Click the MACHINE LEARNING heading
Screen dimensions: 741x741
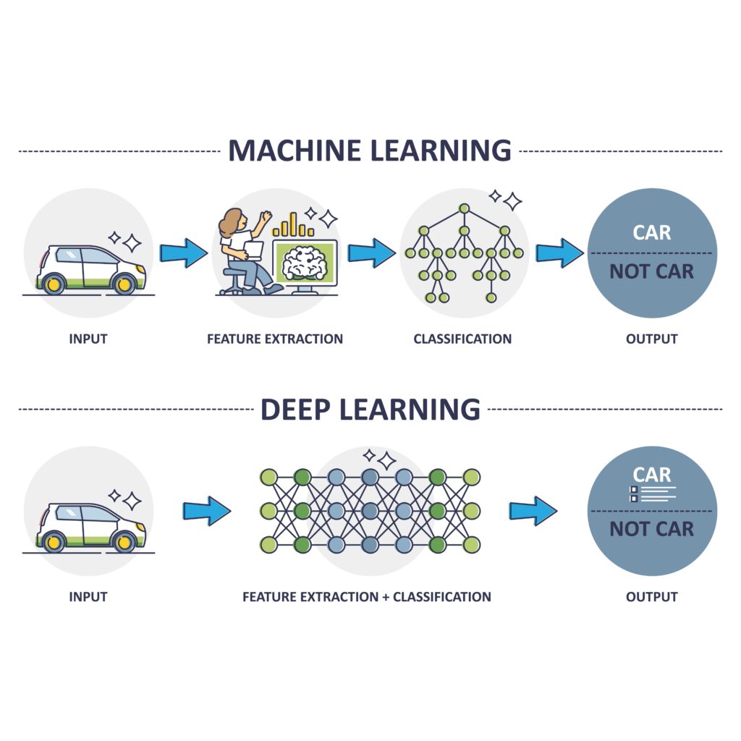tap(370, 151)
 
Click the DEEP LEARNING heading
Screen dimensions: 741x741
tap(370, 409)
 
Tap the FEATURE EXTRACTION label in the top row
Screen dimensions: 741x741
tap(275, 339)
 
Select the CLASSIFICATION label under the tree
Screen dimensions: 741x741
tap(462, 339)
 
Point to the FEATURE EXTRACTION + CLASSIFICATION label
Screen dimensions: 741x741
tap(367, 597)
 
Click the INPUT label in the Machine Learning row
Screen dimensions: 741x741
tap(88, 339)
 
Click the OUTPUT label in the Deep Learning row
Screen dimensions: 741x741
tap(651, 597)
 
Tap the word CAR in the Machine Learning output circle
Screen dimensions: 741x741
tap(651, 233)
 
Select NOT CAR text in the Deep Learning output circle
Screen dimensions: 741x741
tap(651, 529)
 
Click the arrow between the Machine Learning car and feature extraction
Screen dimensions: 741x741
tap(183, 253)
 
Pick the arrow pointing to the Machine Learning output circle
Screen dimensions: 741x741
tap(559, 253)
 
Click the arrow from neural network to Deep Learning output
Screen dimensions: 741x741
tap(533, 511)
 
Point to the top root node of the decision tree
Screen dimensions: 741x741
tap(464, 209)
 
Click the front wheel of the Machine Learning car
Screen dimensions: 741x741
tap(124, 284)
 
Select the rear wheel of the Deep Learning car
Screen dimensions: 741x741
tap(53, 541)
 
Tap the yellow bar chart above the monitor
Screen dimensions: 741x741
tap(293, 225)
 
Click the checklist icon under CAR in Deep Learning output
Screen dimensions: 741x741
tap(634, 494)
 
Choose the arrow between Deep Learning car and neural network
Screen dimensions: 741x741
tap(206, 511)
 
